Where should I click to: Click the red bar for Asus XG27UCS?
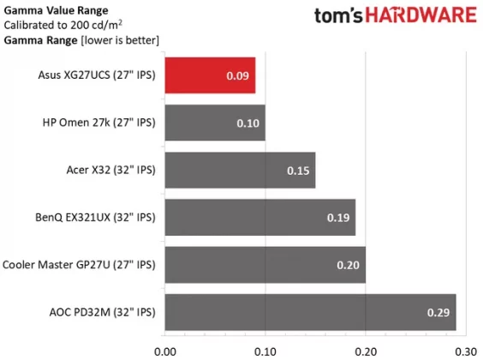(x=209, y=75)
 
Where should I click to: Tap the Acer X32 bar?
(x=239, y=170)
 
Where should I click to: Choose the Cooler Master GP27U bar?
(x=264, y=264)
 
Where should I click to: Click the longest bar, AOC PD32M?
(x=309, y=311)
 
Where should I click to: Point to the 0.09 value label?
(x=239, y=76)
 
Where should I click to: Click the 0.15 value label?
(x=299, y=171)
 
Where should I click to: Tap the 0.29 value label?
(x=439, y=312)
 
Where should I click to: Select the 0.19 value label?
(x=339, y=218)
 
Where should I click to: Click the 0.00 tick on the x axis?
(x=165, y=350)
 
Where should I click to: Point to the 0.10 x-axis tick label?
(x=265, y=350)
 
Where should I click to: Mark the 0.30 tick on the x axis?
(x=465, y=350)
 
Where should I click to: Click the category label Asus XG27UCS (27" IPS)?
(x=98, y=75)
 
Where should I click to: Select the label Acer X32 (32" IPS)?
(x=110, y=170)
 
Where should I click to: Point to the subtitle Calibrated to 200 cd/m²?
(x=63, y=24)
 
